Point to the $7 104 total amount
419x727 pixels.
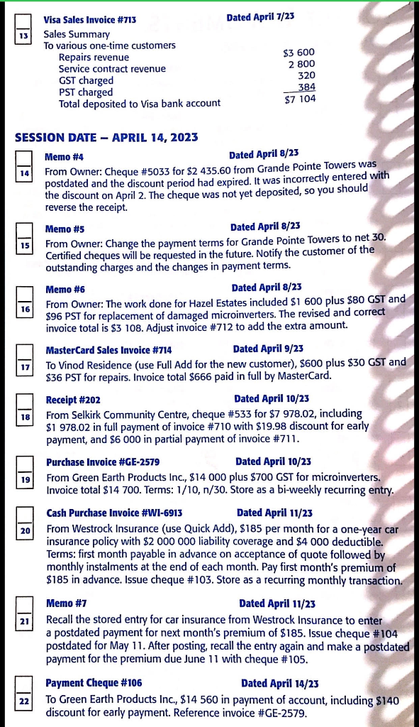point(299,100)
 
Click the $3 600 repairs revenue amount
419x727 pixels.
point(298,53)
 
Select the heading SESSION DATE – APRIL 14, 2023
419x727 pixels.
point(106,137)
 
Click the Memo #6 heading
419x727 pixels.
point(65,289)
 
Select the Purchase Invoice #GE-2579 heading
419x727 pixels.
point(104,461)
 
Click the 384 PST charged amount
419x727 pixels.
point(306,87)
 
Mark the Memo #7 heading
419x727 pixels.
point(66,603)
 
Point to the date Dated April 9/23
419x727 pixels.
point(268,349)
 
